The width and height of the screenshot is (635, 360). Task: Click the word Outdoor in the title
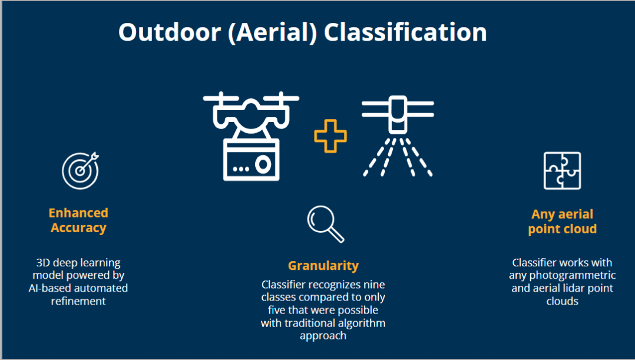click(x=170, y=32)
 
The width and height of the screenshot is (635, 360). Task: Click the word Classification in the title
click(x=405, y=32)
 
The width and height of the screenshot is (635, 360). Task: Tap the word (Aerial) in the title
click(x=272, y=33)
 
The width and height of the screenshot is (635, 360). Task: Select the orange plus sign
click(x=330, y=136)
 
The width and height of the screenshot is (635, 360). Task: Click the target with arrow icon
click(x=81, y=170)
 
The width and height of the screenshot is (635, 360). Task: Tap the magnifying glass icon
click(x=326, y=224)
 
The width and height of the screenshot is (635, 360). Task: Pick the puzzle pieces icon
click(x=562, y=170)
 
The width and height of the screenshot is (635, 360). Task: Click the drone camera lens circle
click(x=263, y=165)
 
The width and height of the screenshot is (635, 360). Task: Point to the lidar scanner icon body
click(x=398, y=115)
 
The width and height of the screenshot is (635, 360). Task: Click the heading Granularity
click(x=323, y=266)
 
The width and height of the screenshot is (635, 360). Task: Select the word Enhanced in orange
click(x=78, y=213)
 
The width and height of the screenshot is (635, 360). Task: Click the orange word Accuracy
click(x=78, y=228)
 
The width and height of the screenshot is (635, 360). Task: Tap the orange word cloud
click(x=580, y=229)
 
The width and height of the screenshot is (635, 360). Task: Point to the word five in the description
click(x=277, y=310)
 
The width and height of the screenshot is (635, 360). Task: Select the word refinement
click(x=78, y=301)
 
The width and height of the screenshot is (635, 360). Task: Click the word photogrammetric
click(x=572, y=276)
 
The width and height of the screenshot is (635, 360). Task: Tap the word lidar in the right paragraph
click(x=572, y=288)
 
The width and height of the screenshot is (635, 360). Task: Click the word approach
click(x=323, y=336)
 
